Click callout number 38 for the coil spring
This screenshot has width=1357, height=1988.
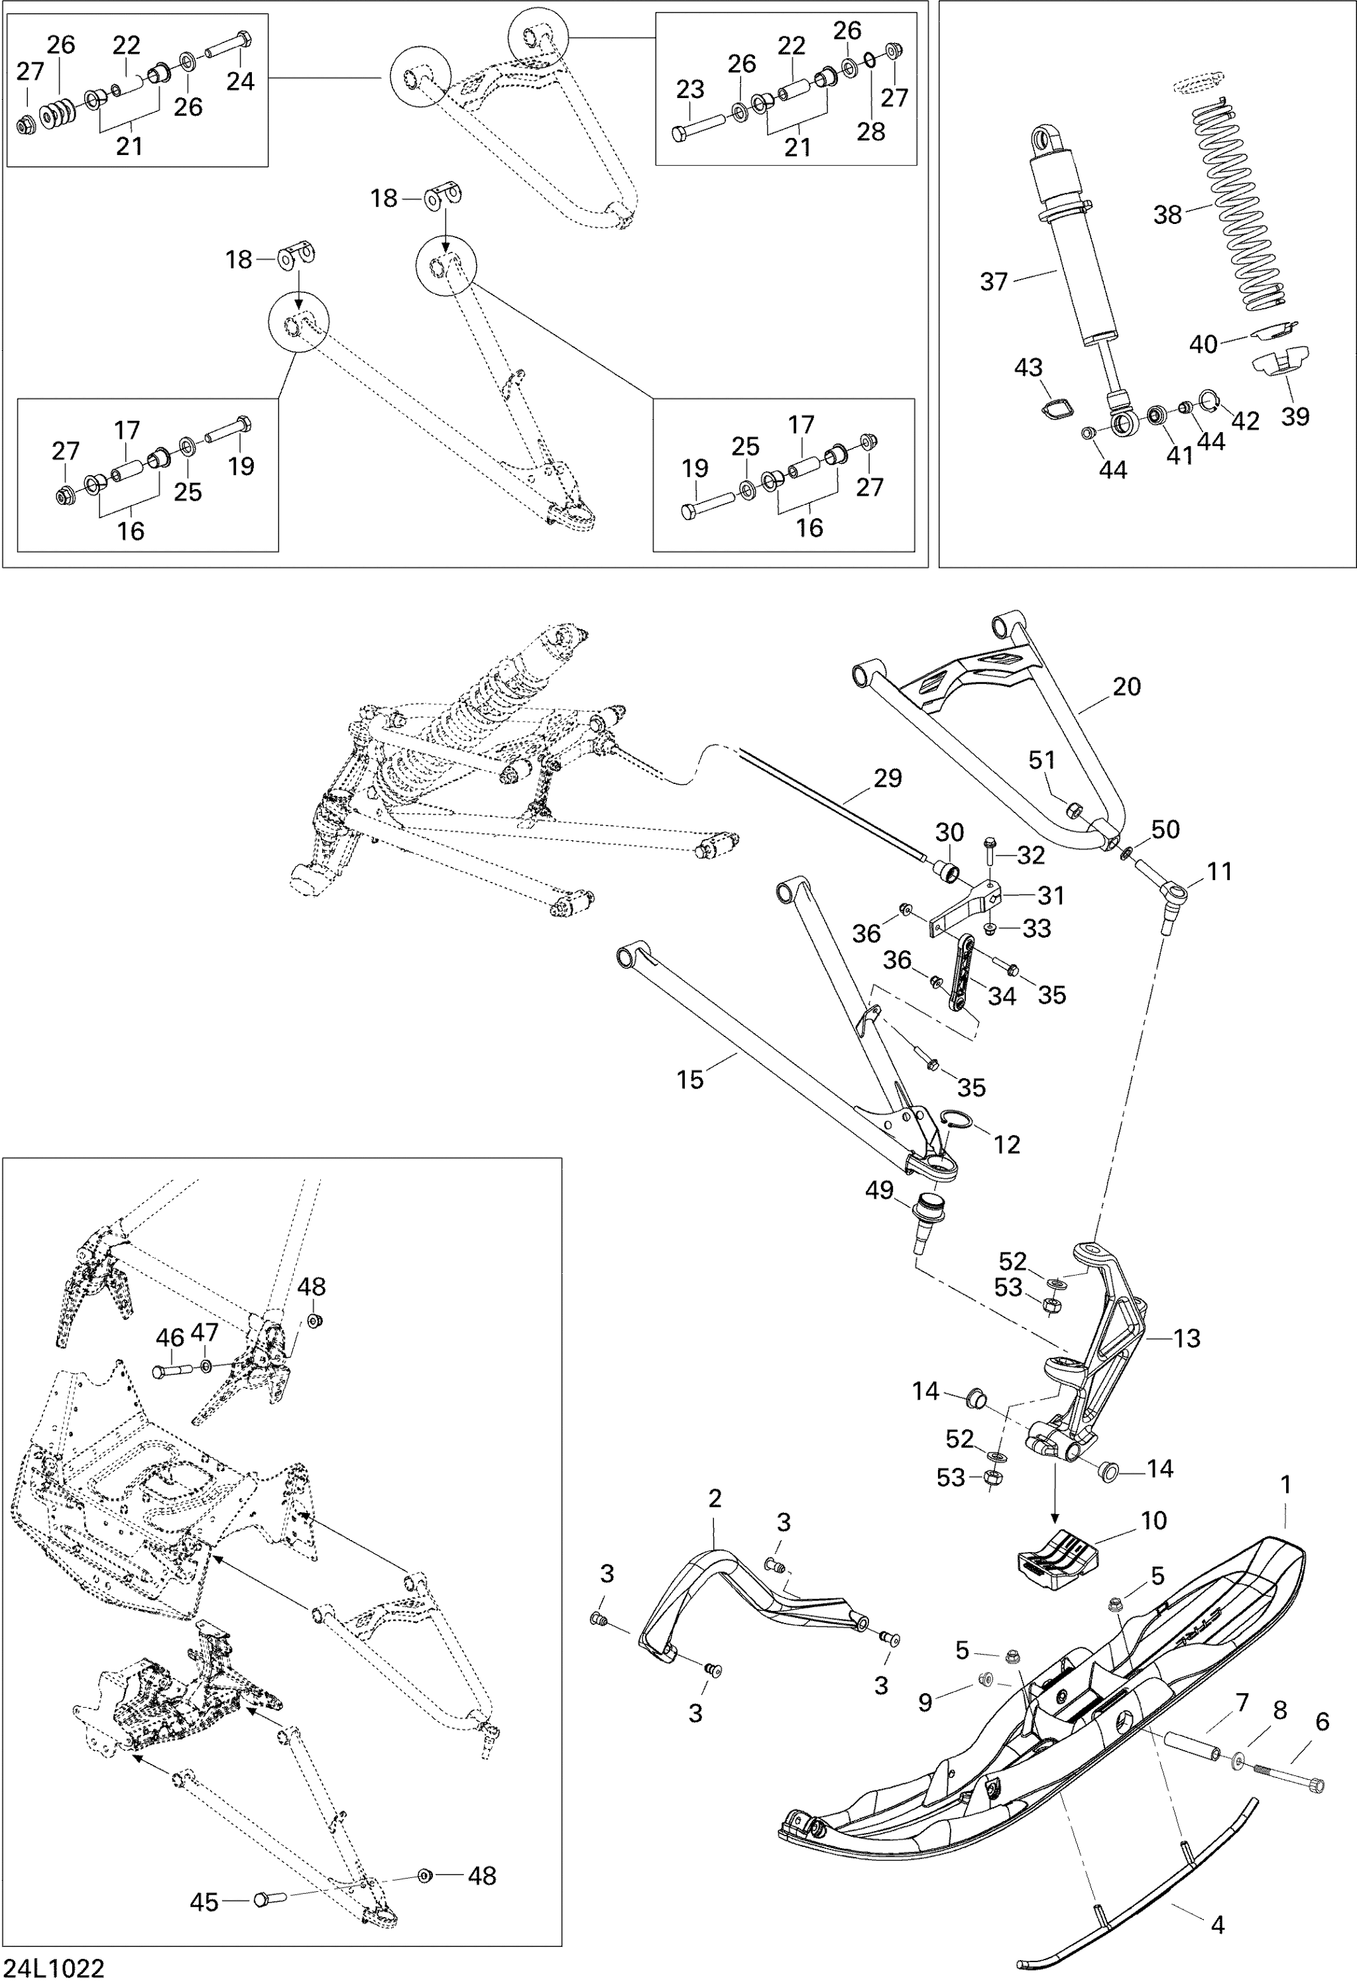click(x=1167, y=214)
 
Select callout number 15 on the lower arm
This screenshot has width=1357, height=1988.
click(x=689, y=1079)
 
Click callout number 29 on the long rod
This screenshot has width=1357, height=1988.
click(x=888, y=779)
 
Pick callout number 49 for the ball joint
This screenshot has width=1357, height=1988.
click(x=880, y=1190)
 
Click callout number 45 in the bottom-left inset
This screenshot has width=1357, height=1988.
click(x=204, y=1896)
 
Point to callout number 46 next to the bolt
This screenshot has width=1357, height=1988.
click(x=170, y=1338)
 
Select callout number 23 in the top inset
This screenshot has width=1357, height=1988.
click(x=689, y=89)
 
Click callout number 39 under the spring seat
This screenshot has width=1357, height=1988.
click(x=1295, y=417)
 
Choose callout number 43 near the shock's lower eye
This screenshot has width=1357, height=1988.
click(x=1028, y=367)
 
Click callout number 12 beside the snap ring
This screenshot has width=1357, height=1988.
click(x=1006, y=1144)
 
